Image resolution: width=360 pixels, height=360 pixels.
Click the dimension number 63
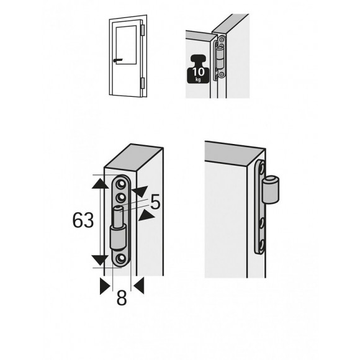tap(83, 220)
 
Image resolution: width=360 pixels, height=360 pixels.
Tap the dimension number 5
tap(155, 202)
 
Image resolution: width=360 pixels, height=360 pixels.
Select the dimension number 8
tap(122, 298)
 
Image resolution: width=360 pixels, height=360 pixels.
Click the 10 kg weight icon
tap(198, 69)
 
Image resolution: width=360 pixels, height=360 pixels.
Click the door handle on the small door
tap(118, 60)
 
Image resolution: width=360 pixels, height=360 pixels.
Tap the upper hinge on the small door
tap(143, 30)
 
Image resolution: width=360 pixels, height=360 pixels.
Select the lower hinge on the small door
tap(143, 83)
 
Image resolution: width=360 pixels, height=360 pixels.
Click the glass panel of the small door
tap(126, 45)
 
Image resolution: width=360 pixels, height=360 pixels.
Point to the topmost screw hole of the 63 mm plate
tap(121, 184)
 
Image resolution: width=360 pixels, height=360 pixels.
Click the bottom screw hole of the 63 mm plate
tap(120, 259)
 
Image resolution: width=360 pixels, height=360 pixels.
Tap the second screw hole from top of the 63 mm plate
tap(121, 197)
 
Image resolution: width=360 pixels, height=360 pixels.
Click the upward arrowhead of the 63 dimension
tap(100, 184)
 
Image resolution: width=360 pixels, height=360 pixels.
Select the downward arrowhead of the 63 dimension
tap(100, 260)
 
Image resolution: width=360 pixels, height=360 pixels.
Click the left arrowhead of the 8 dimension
tap(105, 286)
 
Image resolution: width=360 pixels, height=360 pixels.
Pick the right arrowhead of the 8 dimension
tap(139, 286)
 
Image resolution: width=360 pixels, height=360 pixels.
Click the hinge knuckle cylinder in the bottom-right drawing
tap(271, 190)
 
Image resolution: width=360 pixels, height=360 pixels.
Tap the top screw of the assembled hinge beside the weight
tap(222, 40)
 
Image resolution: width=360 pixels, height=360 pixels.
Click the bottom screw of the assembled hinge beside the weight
tap(222, 74)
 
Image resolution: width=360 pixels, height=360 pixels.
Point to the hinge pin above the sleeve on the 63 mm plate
tap(119, 217)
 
